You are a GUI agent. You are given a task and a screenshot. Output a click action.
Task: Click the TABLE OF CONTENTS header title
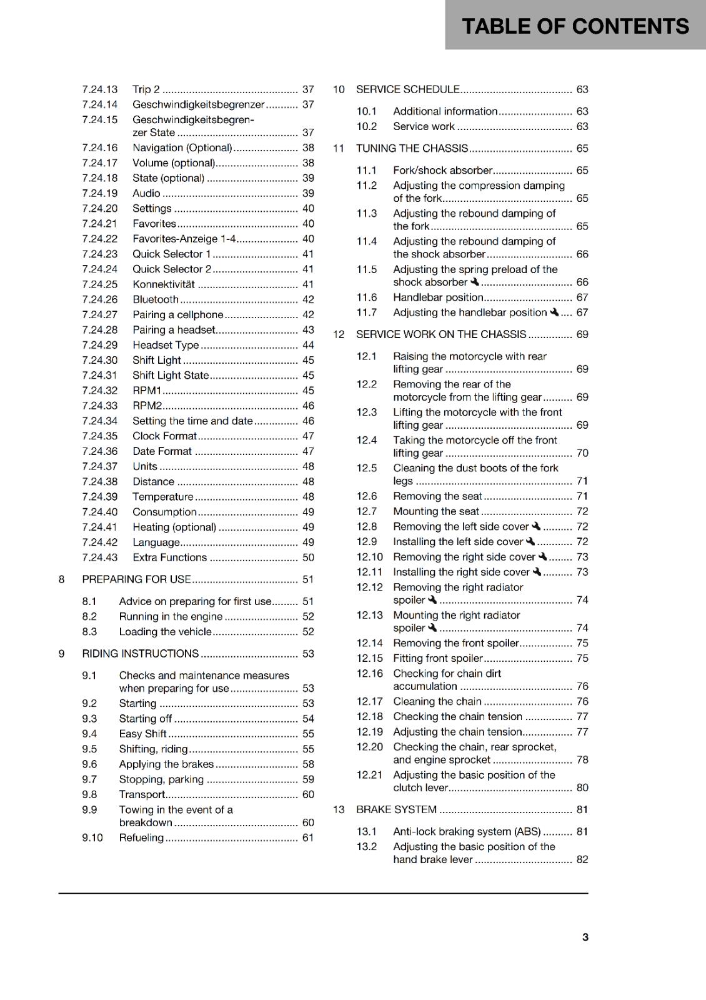pos(575,26)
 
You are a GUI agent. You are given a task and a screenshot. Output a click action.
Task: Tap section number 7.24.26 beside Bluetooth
pos(100,299)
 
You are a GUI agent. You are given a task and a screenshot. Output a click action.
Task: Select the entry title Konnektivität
pos(164,284)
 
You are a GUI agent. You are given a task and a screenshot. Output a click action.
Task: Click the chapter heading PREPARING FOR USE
pos(136,579)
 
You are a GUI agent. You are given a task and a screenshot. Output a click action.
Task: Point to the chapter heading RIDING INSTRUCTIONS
pos(140,654)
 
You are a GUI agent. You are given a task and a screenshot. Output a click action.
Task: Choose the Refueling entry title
pos(141,837)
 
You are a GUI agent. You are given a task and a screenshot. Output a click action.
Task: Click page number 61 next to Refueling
pos(308,837)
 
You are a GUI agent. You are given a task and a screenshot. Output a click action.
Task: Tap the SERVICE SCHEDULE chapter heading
pos(407,89)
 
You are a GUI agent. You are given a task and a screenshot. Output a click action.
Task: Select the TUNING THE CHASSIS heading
pos(412,148)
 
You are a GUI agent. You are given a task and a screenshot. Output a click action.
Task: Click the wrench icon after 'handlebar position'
pos(554,312)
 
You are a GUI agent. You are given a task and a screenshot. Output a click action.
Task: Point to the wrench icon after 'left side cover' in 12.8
pos(535,526)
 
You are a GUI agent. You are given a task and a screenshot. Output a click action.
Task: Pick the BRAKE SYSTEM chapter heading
pos(396,809)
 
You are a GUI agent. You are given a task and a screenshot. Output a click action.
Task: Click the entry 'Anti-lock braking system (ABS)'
pos(467,831)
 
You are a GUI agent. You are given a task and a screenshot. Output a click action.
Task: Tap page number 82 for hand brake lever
pos(582,859)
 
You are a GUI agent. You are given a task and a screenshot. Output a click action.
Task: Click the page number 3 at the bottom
pos(585,937)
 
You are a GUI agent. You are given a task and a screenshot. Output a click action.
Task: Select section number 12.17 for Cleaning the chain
pos(369,701)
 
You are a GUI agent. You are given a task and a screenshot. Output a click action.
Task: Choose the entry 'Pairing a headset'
pos(174,330)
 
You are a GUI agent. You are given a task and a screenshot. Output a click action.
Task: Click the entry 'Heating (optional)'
pos(174,527)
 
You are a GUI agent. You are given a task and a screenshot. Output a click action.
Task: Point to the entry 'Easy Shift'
pos(142,734)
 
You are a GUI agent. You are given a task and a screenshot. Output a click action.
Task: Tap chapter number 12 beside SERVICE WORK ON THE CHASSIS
pos(339,334)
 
